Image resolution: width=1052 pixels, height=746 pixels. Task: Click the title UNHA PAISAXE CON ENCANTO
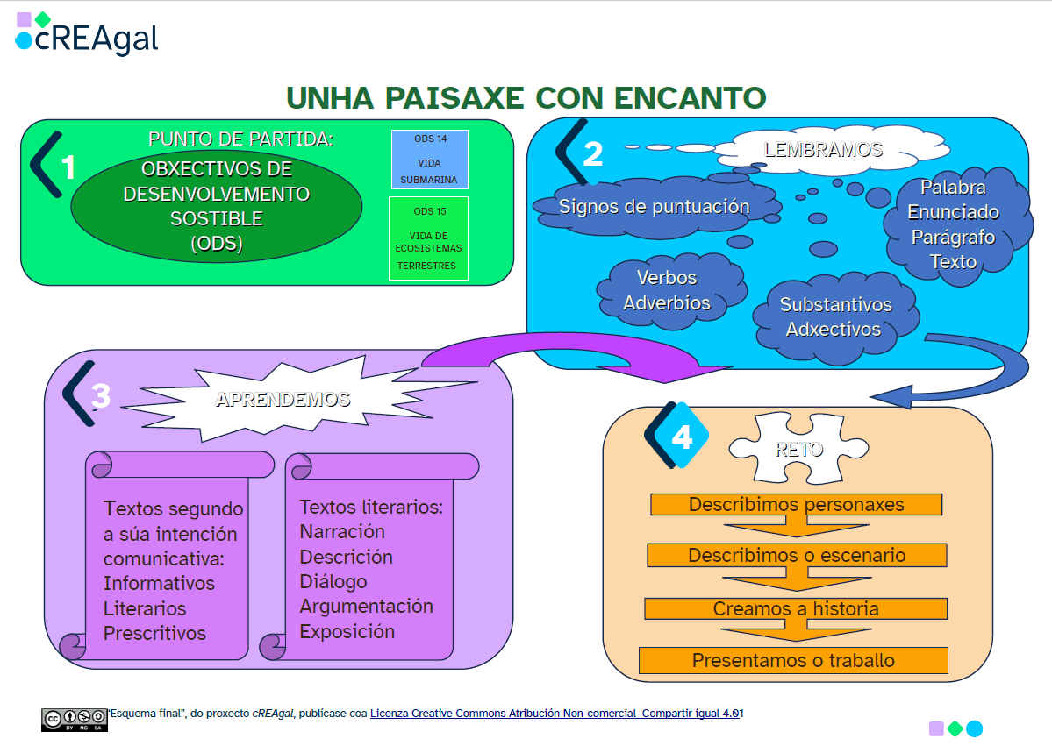[526, 96]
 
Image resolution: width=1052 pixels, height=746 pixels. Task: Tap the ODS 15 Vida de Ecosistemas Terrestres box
[428, 238]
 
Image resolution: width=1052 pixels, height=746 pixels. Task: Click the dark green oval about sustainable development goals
[216, 207]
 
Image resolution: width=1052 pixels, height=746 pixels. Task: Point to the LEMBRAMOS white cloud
[822, 150]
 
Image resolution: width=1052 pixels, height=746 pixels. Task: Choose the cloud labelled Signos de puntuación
[654, 208]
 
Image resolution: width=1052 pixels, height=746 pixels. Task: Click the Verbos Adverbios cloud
[667, 290]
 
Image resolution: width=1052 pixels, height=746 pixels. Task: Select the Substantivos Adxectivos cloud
[835, 317]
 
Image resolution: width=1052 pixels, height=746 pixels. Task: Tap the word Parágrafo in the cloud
[953, 237]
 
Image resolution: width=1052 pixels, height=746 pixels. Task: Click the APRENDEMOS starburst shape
[283, 400]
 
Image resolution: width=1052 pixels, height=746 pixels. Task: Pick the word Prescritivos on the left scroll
[154, 633]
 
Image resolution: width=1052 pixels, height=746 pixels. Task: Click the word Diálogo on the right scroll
[333, 581]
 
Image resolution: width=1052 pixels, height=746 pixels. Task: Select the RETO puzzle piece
[798, 450]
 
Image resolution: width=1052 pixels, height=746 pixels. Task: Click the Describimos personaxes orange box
[796, 505]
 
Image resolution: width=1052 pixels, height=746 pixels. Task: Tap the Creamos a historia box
[796, 608]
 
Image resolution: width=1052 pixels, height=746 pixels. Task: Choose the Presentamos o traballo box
[793, 660]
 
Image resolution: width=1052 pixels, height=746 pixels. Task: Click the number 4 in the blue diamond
[682, 437]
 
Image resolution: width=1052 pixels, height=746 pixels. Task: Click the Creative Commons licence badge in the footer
[74, 719]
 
